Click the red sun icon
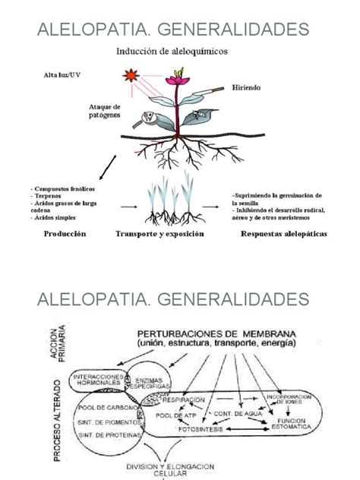[128, 77]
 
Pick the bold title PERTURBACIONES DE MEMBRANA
[225, 333]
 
